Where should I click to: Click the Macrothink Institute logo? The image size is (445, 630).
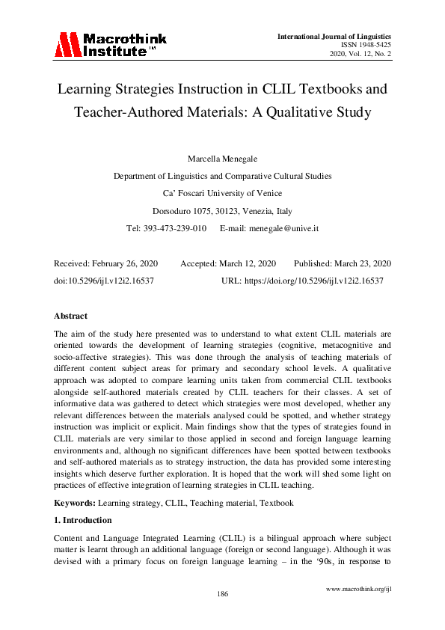110,45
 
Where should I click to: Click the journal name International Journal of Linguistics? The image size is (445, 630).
334,36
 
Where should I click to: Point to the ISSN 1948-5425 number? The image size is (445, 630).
365,45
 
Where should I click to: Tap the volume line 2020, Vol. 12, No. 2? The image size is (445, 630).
360,55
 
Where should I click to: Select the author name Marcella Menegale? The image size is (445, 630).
222,159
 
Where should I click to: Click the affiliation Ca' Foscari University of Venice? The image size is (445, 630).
222,193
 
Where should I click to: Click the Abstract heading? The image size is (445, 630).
71,316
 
